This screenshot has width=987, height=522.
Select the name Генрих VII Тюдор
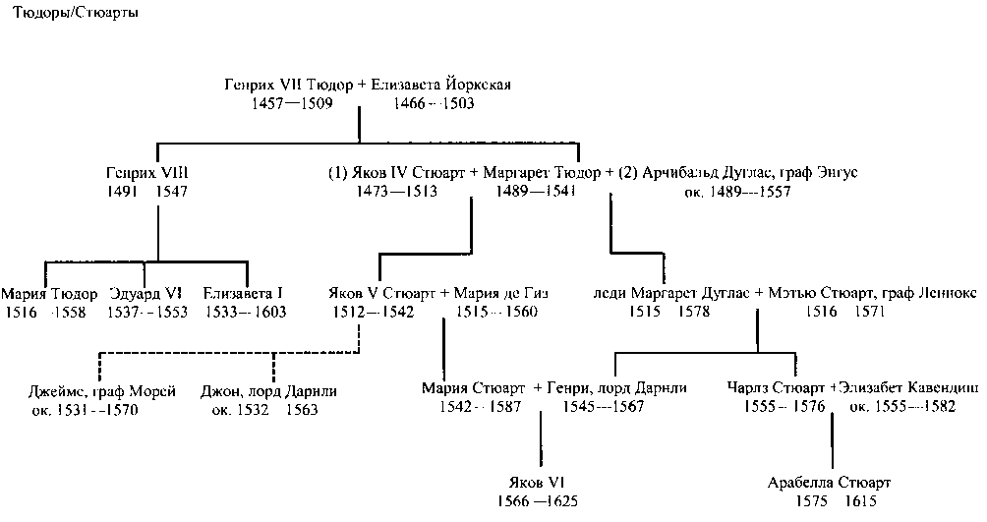click(290, 85)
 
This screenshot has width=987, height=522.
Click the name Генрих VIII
click(146, 173)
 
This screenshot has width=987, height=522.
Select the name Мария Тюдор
click(49, 294)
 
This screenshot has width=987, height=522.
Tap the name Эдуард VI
click(147, 294)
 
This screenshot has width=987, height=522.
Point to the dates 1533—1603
click(244, 313)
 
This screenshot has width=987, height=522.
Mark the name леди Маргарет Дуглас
click(666, 294)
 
